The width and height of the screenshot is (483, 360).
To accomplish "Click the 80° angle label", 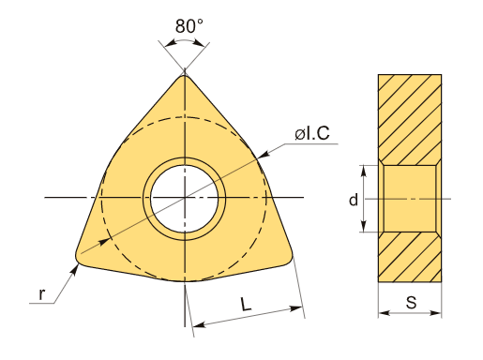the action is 189,26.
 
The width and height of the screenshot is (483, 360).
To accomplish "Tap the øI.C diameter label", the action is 312,133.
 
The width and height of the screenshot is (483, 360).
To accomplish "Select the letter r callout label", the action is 42,294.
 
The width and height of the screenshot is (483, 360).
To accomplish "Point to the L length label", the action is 246,304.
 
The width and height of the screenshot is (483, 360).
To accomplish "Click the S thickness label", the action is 412,303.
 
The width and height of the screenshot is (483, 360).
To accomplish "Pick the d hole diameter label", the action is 354,200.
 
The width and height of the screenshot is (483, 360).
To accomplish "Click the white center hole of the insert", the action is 185,199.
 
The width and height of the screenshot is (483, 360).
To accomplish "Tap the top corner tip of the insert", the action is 185,74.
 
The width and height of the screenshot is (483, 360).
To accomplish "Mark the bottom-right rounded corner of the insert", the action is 289,259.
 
